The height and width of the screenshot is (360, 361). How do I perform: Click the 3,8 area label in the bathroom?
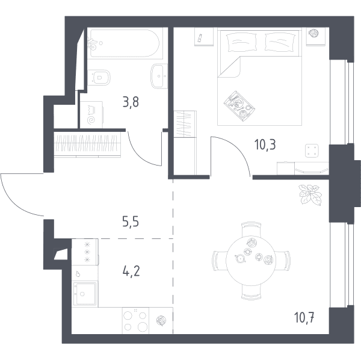(131, 102)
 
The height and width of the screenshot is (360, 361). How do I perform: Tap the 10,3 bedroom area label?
(265, 144)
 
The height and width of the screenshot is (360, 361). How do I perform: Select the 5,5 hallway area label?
(131, 222)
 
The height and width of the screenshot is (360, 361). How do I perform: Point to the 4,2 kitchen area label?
(131, 271)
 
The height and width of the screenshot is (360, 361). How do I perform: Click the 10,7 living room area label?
(304, 318)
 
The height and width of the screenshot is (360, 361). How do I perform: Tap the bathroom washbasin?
(159, 76)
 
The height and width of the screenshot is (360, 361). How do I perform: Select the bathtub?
(125, 43)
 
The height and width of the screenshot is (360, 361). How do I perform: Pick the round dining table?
(250, 261)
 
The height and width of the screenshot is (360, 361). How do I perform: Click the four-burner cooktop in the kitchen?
(135, 321)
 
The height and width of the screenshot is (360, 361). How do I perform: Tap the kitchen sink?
(85, 294)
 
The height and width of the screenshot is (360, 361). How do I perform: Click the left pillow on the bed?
(241, 42)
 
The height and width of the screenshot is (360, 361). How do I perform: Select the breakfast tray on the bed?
(239, 106)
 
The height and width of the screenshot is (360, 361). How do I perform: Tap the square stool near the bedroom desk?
(312, 151)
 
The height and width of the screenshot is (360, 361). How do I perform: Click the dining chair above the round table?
(251, 229)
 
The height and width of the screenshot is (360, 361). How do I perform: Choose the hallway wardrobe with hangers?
(87, 144)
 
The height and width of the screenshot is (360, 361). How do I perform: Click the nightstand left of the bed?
(204, 37)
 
